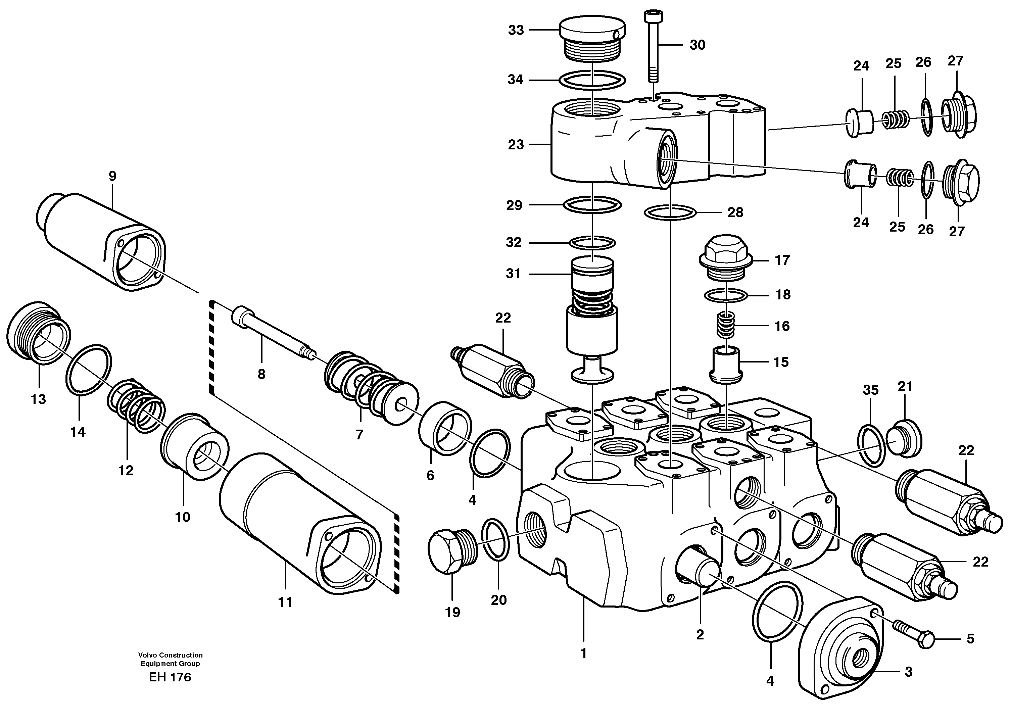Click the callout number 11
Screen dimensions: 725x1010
285,602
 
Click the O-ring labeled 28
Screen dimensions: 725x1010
670,212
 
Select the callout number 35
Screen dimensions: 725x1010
871,390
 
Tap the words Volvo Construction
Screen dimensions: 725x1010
170,655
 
